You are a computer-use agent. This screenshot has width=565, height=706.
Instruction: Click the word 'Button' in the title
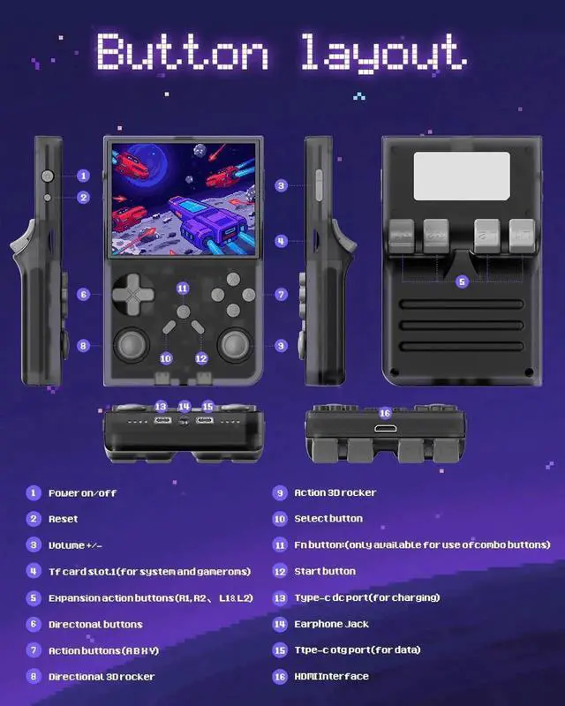[182, 53]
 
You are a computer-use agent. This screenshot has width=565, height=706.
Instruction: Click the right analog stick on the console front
[237, 343]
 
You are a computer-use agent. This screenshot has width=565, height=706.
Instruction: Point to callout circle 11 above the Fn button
[183, 289]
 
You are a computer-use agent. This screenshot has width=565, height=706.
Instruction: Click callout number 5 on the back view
[462, 282]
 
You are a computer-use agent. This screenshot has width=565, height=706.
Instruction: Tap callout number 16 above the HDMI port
[384, 413]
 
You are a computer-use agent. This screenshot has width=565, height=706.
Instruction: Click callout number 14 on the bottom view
[185, 407]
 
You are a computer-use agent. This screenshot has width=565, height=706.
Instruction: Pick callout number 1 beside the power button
[83, 176]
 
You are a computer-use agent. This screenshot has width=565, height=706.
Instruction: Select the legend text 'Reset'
[64, 519]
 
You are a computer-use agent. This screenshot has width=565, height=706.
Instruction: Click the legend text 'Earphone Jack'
[331, 624]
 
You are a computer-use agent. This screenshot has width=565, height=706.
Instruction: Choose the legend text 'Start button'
[325, 571]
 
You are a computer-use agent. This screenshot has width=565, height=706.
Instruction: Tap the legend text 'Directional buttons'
[95, 624]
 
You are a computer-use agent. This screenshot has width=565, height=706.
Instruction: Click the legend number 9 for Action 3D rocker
[280, 492]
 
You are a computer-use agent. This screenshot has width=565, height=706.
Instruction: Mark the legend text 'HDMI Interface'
[331, 677]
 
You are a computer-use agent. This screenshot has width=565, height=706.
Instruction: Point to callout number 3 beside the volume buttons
[281, 185]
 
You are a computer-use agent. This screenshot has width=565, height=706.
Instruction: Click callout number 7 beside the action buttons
[281, 295]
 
